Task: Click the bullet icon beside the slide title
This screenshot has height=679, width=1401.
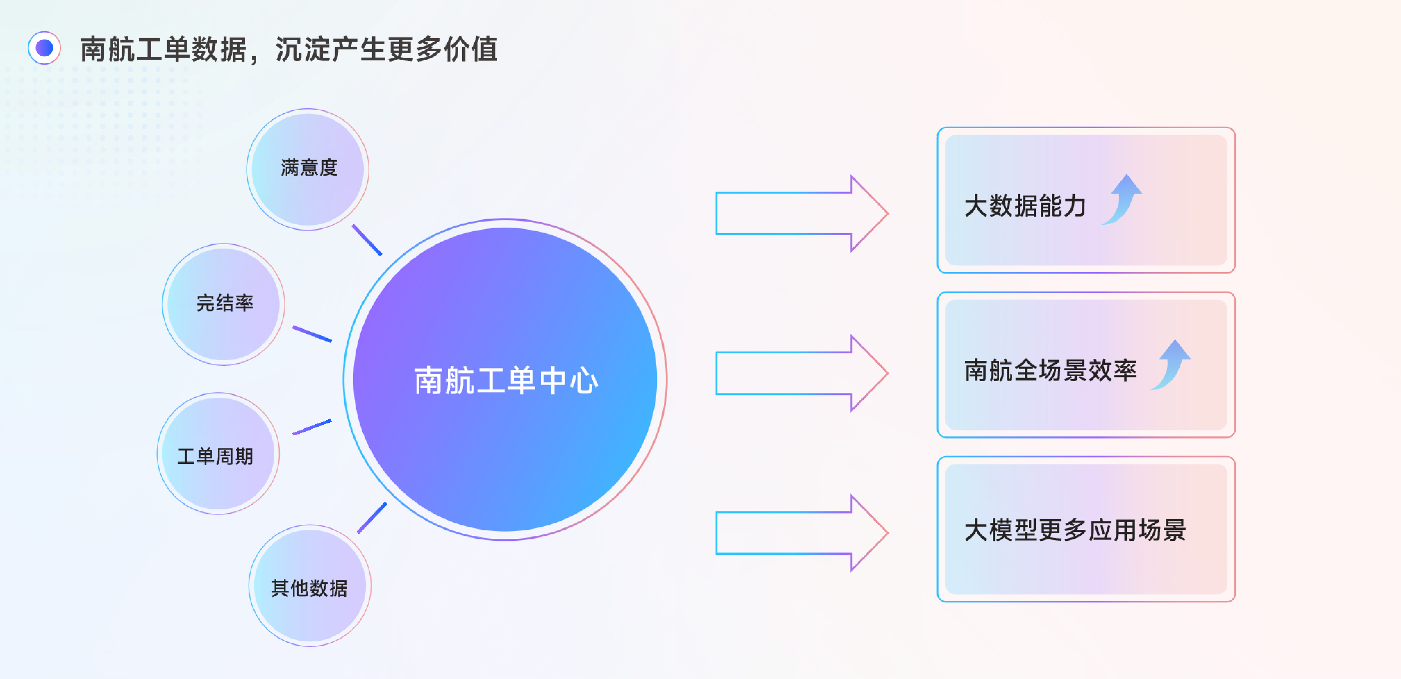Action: tap(44, 48)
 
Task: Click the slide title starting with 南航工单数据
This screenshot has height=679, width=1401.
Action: tap(288, 49)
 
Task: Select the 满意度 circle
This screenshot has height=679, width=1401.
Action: tap(308, 169)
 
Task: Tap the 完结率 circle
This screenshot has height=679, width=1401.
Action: tap(224, 304)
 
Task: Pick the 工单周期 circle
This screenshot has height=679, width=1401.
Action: tap(218, 454)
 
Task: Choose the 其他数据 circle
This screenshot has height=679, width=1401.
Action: tap(310, 586)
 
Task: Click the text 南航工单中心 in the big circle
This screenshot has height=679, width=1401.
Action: tap(506, 380)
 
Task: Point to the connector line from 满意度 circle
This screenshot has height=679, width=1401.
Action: tap(367, 240)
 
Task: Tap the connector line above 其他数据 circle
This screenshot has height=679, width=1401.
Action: tap(372, 517)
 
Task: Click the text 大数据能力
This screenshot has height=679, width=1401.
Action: tap(1025, 206)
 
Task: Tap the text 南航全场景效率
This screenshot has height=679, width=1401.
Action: tap(1050, 370)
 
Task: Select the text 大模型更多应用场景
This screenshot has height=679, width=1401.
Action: tap(1075, 530)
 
